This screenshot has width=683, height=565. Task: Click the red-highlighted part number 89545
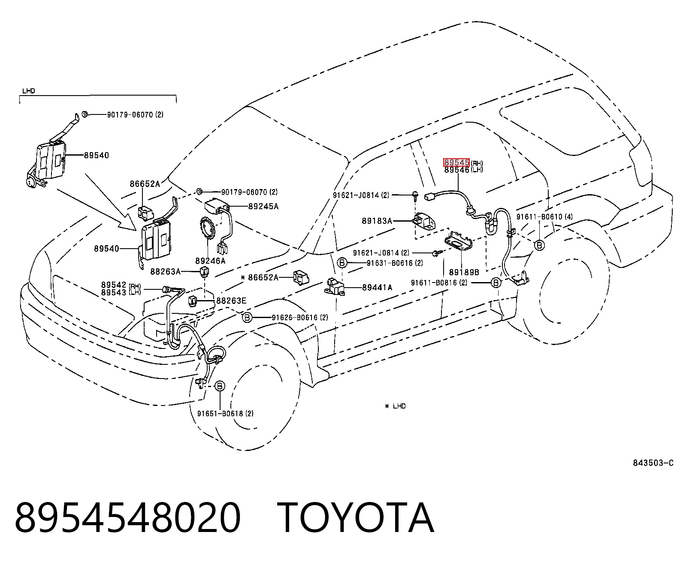tap(456, 162)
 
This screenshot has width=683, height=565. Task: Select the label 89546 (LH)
tap(463, 170)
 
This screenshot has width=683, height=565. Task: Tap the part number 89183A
tap(377, 221)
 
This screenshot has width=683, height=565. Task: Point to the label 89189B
tap(464, 272)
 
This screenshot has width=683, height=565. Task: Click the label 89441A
tap(377, 287)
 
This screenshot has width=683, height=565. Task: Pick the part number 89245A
tap(263, 206)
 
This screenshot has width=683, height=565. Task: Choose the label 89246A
tap(210, 261)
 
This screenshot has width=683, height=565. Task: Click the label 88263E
tap(231, 301)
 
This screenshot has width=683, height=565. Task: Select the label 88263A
tap(165, 271)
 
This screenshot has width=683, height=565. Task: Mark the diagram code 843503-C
tap(653, 463)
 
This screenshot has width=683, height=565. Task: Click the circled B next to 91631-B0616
tap(342, 262)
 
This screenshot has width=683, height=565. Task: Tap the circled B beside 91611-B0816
tap(496, 282)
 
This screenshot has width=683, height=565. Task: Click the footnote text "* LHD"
tap(396, 406)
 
